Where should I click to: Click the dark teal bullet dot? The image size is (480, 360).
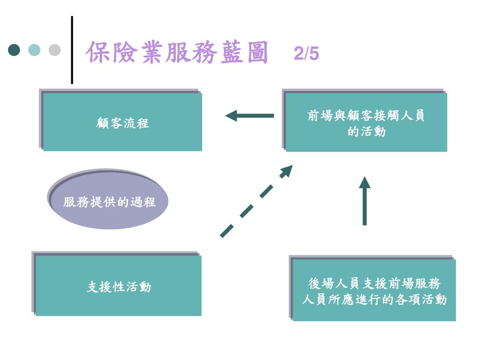point(15,50)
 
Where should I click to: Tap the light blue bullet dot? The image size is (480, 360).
point(34,50)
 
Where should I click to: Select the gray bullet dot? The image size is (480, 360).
point(54,50)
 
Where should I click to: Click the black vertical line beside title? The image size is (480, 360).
point(72,50)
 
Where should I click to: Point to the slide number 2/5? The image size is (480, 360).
point(307,54)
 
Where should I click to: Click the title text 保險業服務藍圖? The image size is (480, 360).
point(177,52)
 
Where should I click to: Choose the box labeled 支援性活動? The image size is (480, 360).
point(119,285)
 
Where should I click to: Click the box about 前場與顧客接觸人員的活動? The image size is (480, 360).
point(366,122)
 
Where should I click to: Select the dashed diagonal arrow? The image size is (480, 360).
point(255,202)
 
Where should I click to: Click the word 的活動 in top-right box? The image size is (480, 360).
point(367,132)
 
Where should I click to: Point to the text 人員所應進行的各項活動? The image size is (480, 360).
point(374,299)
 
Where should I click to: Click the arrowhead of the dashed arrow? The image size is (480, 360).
point(286,171)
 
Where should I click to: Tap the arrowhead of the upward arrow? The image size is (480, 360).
point(365,182)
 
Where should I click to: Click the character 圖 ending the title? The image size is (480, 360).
point(256,52)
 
